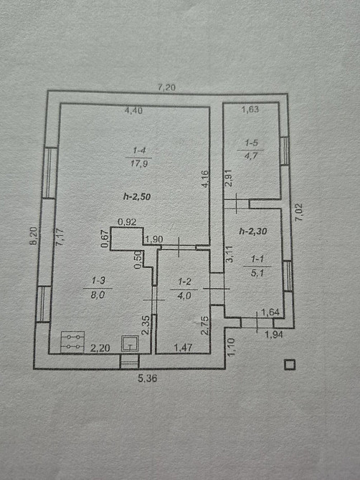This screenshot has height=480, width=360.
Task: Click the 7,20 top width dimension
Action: click(x=166, y=87)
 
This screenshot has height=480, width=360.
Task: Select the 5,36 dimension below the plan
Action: click(x=147, y=379)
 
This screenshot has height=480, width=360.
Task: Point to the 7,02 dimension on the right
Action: click(x=298, y=212)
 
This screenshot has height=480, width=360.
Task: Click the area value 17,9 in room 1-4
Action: click(x=139, y=163)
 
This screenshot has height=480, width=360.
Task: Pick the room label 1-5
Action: click(x=251, y=143)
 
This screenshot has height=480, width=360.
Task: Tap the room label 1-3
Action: click(x=98, y=280)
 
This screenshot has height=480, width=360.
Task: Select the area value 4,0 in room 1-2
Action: click(x=185, y=295)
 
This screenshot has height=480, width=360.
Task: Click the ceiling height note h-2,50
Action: click(x=137, y=196)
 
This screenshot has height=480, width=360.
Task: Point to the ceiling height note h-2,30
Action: click(x=253, y=231)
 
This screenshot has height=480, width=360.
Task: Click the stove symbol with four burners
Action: click(x=72, y=342)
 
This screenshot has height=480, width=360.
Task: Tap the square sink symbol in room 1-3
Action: click(x=131, y=344)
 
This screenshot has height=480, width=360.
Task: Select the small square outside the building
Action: click(x=290, y=365)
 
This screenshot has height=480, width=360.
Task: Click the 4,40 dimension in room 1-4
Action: click(x=133, y=110)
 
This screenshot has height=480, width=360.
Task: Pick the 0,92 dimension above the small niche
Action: click(x=127, y=222)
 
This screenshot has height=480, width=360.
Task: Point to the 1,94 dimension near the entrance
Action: click(x=274, y=335)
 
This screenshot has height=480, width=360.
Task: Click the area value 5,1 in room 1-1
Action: click(x=257, y=272)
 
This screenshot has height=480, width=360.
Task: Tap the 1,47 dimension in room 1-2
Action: click(x=183, y=347)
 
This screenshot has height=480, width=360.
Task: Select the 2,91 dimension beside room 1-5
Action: click(x=229, y=178)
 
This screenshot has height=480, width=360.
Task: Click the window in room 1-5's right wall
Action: click(x=285, y=151)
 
